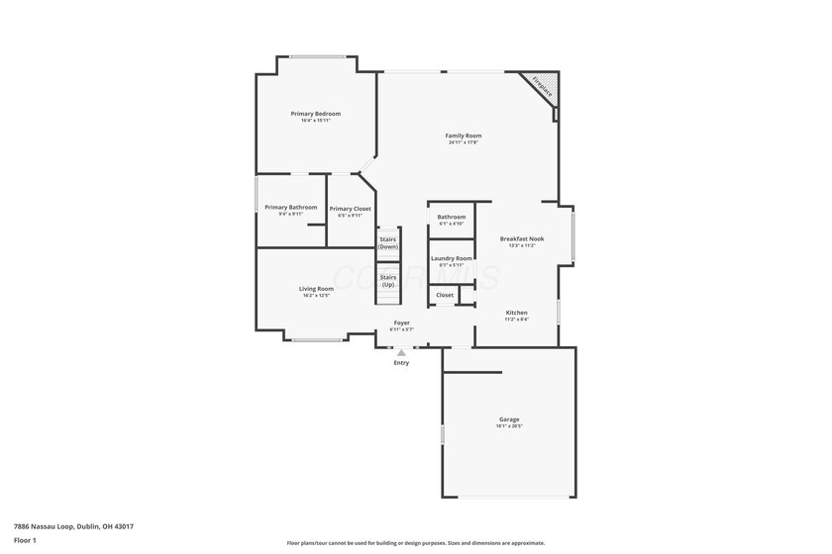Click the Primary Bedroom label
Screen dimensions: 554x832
315,114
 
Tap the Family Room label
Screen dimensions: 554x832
463,136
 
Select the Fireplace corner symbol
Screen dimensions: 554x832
544,88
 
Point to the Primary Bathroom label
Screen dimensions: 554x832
290,207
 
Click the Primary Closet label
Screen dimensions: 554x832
350,209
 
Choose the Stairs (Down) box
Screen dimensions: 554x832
388,242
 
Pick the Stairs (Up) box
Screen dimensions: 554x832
388,281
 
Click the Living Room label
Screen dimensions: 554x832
316,289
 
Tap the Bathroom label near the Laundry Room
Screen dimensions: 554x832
452,217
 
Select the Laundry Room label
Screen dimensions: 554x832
451,258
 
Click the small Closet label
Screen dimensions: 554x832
445,295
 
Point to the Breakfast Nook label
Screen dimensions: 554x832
521,238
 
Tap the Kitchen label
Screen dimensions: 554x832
517,313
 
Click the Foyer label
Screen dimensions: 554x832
402,323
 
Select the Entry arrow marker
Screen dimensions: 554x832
401,352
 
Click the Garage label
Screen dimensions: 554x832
509,418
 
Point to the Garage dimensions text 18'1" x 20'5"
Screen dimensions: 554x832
509,425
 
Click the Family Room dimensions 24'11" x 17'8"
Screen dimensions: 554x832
463,142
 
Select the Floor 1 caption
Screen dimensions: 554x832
25,540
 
